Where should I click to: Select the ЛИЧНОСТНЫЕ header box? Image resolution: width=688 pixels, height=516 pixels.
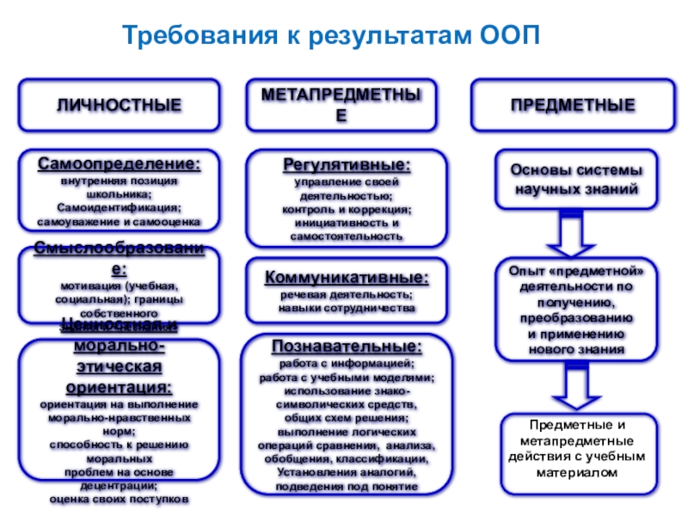[x=120, y=106]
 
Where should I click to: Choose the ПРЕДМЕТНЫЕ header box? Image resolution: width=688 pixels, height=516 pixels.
[x=574, y=106]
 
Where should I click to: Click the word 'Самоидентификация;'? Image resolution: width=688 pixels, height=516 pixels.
[x=120, y=208]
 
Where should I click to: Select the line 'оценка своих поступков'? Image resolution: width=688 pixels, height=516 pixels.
[x=120, y=500]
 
